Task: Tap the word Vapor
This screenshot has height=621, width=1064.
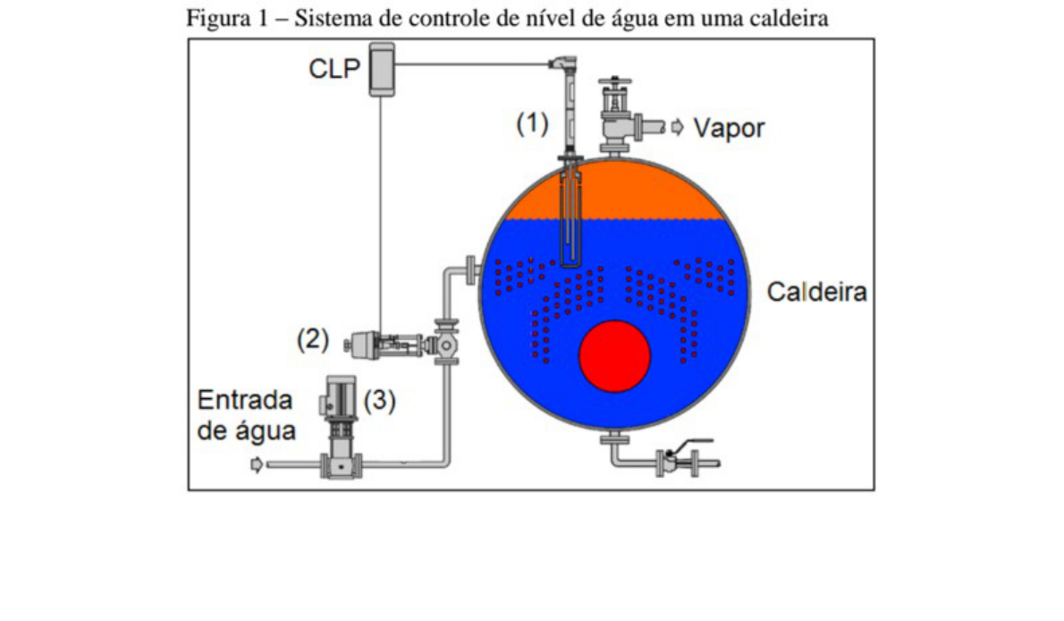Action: tap(730, 128)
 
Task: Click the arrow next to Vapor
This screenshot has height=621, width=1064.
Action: tap(677, 127)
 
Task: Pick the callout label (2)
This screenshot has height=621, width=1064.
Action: tap(313, 340)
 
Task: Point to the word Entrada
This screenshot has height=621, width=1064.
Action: tap(245, 399)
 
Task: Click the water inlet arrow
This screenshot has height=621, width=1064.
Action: tap(257, 464)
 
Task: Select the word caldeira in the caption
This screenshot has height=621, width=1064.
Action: tap(791, 19)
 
